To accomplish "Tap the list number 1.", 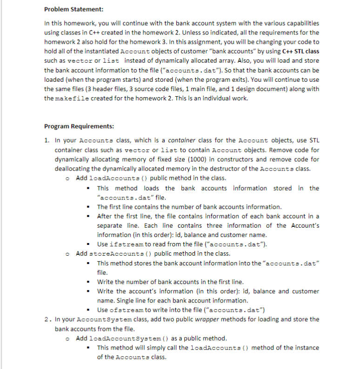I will [x=47, y=141].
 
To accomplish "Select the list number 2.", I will [x=47, y=319].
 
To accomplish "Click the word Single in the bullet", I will [x=126, y=301].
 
